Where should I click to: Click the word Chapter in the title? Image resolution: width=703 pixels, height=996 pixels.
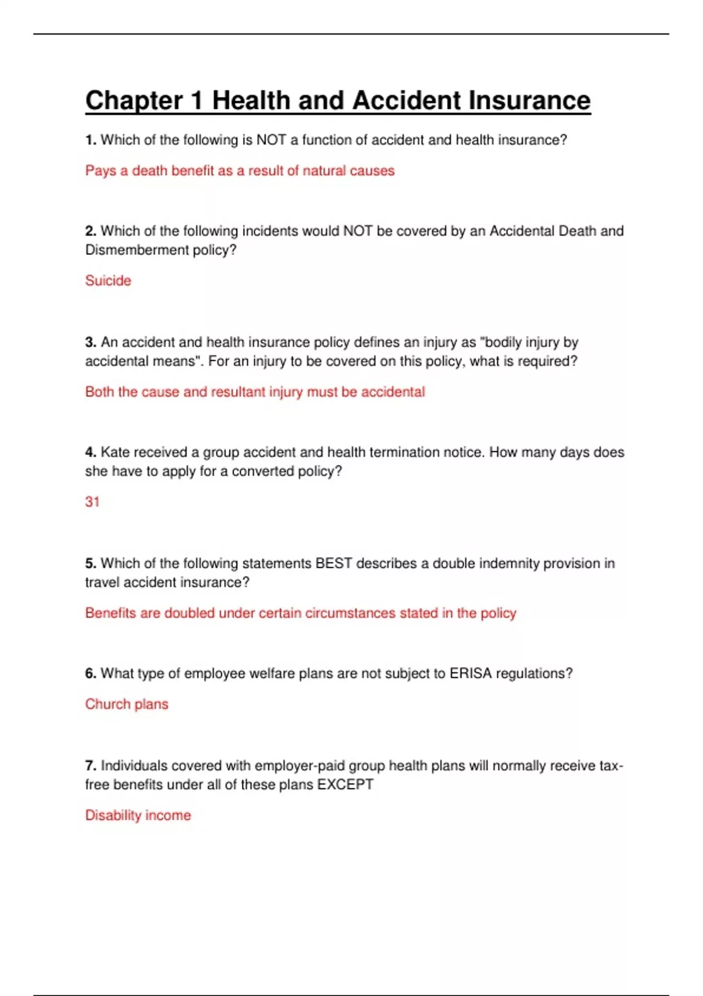(x=134, y=101)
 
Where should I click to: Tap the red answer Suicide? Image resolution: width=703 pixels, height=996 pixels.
(x=108, y=281)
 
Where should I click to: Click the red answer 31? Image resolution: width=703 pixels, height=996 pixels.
(x=93, y=502)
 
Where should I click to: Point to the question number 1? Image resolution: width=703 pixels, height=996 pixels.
(x=90, y=140)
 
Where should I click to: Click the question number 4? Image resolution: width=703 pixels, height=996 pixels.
(x=90, y=452)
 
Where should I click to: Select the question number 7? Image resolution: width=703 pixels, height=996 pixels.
(x=90, y=766)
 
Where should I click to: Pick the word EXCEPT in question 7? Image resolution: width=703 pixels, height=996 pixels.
(x=345, y=784)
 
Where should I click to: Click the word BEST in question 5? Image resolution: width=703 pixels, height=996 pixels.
(x=333, y=564)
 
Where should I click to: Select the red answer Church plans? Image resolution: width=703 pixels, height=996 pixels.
(x=127, y=704)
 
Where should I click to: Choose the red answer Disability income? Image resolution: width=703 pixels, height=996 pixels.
(x=138, y=816)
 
